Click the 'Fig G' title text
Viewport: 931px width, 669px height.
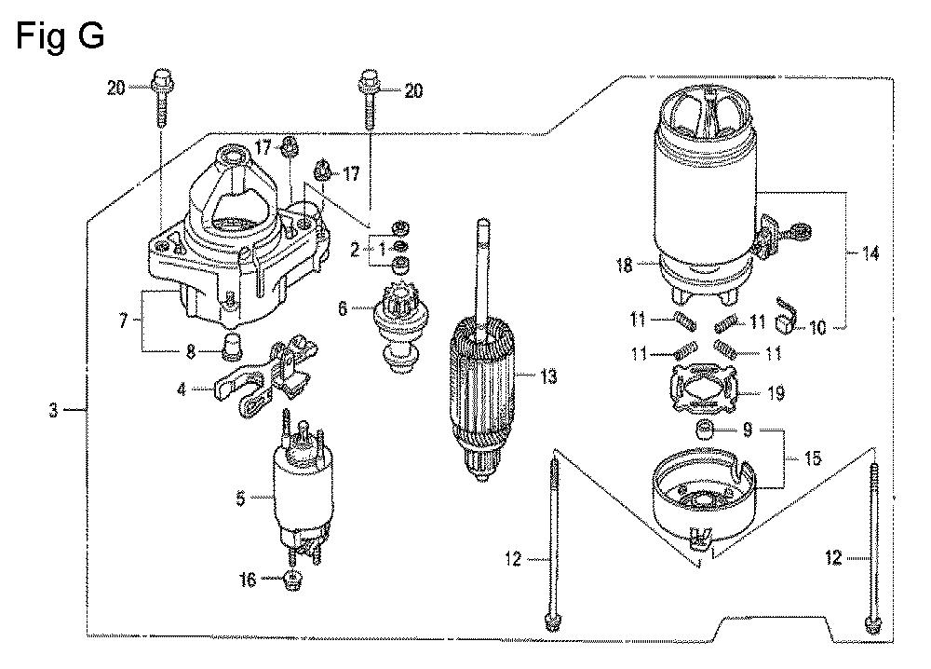pos(61,36)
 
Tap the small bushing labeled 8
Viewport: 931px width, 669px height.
pos(230,347)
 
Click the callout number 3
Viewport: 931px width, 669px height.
pos(53,409)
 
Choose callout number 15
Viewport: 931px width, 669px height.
pos(812,458)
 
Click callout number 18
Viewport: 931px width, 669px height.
pos(624,265)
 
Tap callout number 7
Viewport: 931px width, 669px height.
pos(123,321)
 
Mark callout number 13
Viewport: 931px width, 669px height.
pos(548,376)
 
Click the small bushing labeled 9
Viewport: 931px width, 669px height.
pos(702,428)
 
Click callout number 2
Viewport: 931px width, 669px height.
pos(355,250)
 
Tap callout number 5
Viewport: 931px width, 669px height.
pos(240,498)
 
